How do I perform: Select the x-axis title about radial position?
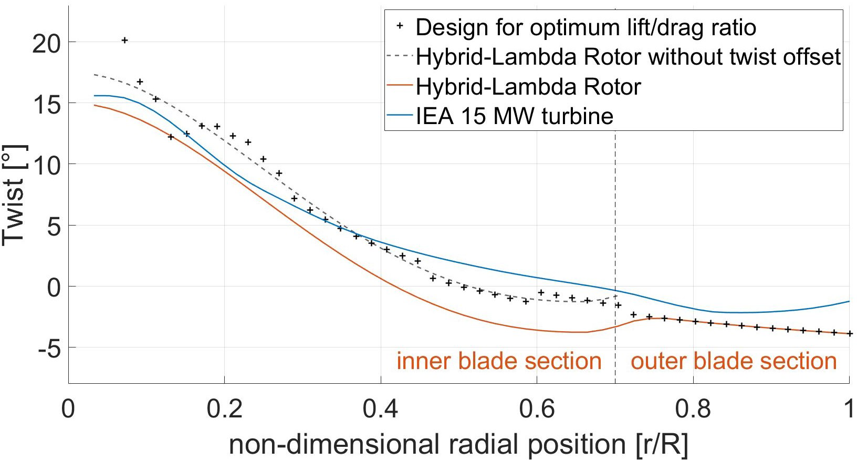pyautogui.click(x=458, y=445)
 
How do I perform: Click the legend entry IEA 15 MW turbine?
pyautogui.click(x=515, y=116)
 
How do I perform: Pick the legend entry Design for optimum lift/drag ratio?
pyautogui.click(x=586, y=27)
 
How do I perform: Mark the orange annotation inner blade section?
pyautogui.click(x=499, y=361)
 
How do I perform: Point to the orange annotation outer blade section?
pyautogui.click(x=734, y=361)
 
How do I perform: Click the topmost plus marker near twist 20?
pyautogui.click(x=124, y=40)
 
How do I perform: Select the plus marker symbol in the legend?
pyautogui.click(x=400, y=26)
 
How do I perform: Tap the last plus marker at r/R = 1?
pyautogui.click(x=850, y=333)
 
